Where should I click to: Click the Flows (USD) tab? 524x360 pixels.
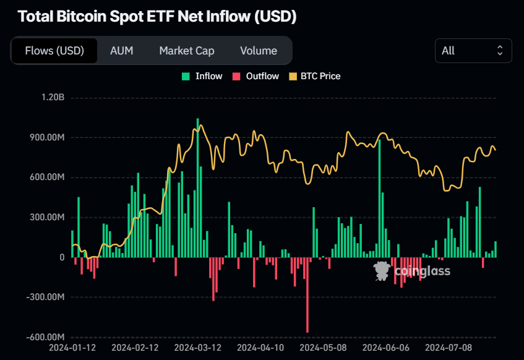(x=54, y=51)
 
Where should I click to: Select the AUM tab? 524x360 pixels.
(x=121, y=51)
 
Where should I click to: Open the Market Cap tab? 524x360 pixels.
(x=187, y=51)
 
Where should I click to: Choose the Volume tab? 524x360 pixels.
(x=259, y=51)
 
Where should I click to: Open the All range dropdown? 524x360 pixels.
(x=473, y=51)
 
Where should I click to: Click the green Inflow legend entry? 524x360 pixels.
(x=202, y=76)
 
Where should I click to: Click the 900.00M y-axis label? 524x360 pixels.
(x=47, y=137)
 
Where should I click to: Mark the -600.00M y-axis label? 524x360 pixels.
(x=45, y=337)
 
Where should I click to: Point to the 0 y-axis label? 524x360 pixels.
(x=62, y=257)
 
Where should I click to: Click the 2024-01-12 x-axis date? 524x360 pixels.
(x=72, y=348)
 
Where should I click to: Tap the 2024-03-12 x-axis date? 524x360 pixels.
(x=196, y=348)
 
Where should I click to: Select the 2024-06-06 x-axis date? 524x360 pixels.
(x=384, y=348)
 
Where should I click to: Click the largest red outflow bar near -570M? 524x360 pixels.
(x=307, y=297)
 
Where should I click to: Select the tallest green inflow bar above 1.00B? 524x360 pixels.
(x=198, y=186)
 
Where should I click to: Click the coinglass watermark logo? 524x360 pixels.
(x=411, y=270)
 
